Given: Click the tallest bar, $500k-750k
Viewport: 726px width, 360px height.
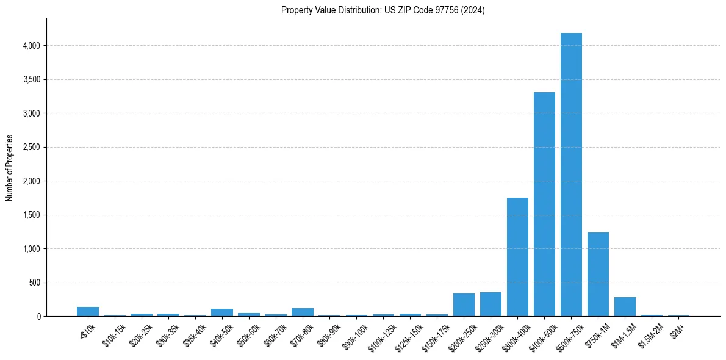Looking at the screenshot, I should [571, 177].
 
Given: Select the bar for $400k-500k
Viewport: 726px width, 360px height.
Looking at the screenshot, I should [544, 204].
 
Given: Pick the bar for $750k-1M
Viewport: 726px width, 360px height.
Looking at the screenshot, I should [598, 275].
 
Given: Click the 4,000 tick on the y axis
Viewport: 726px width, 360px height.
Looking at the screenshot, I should [31, 46].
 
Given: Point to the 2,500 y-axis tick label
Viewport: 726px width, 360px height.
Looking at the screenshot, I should [31, 147].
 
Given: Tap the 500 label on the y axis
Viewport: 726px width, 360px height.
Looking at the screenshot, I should [35, 283].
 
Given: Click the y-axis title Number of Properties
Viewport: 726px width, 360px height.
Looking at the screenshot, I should [10, 168].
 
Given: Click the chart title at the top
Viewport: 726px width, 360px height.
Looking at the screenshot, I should [383, 10].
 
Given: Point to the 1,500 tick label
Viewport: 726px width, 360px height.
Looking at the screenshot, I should [31, 215].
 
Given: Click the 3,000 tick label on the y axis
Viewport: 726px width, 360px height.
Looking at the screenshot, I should [31, 113].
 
